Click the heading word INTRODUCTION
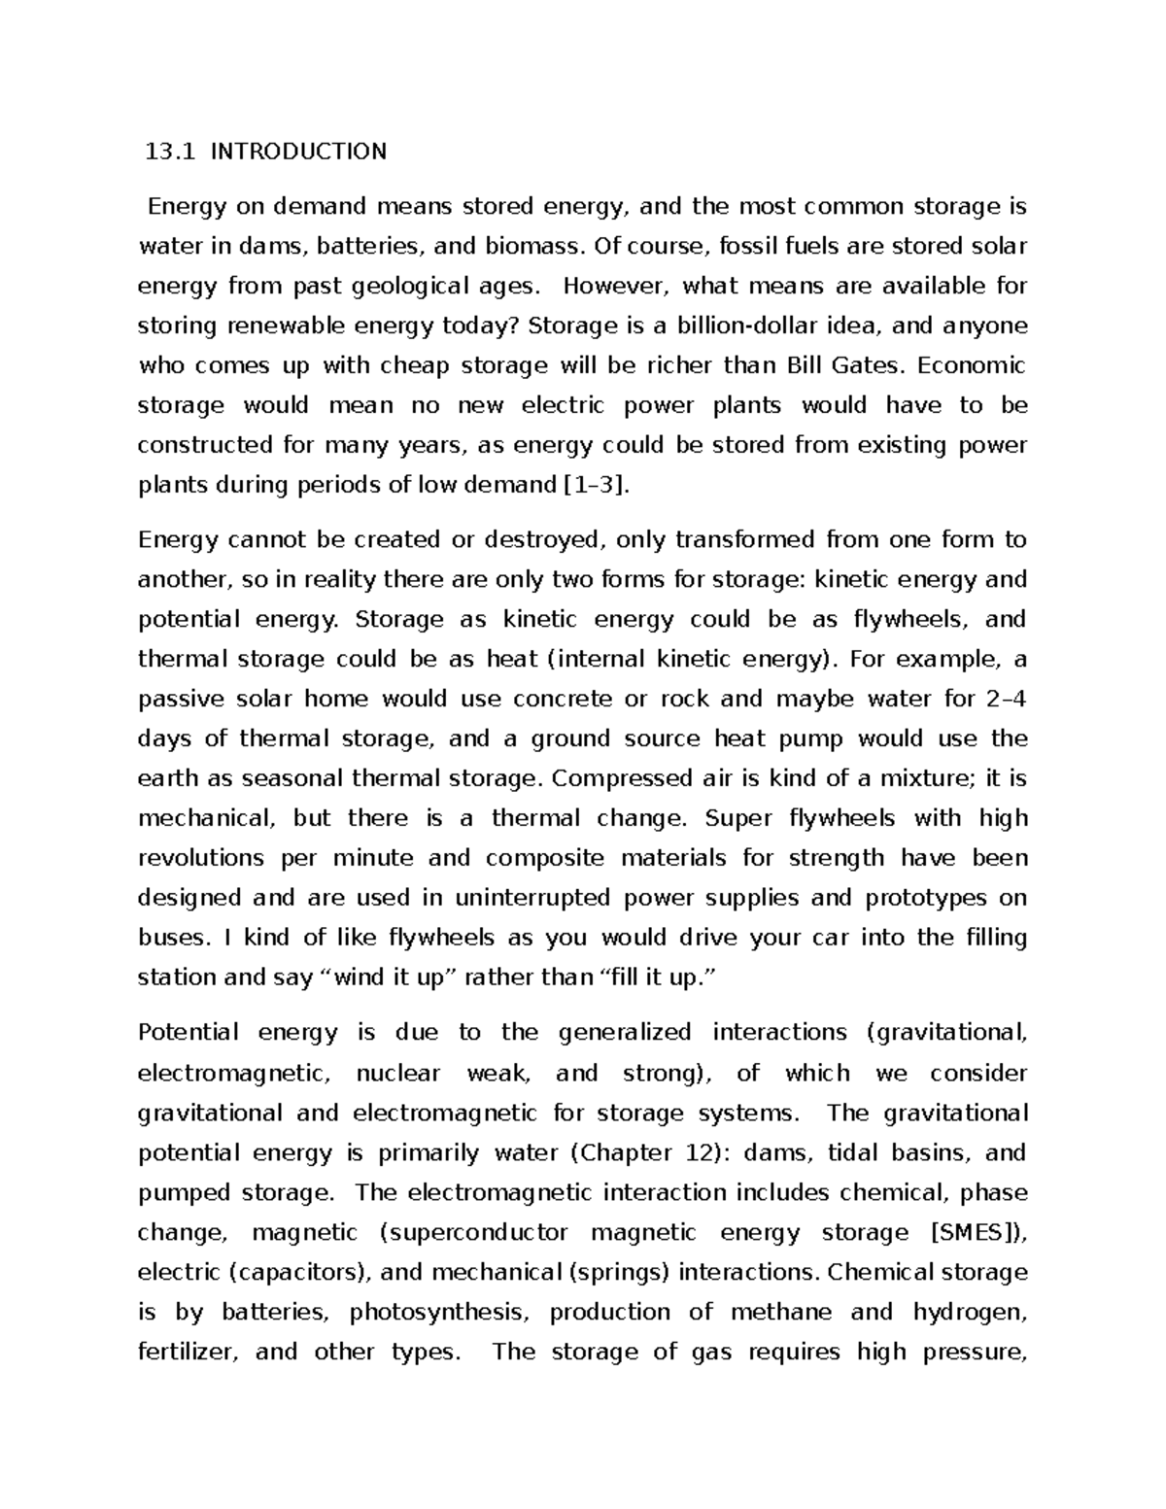(x=298, y=152)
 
